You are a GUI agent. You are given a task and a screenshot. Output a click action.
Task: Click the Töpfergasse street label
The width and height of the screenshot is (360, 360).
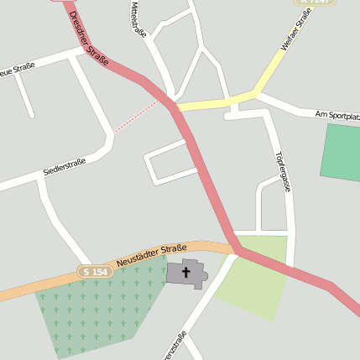click(x=282, y=172)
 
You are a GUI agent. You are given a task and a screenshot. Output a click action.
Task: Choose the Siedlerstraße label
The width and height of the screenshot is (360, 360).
click(x=65, y=167)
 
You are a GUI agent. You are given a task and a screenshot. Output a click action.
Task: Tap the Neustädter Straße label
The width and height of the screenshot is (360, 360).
click(x=152, y=255)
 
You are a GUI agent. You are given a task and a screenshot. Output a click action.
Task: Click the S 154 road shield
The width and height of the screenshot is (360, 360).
click(x=95, y=271)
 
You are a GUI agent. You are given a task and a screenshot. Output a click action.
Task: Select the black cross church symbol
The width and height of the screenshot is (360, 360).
click(x=185, y=273)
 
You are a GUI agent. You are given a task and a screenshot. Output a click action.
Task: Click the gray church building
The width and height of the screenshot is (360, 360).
click(x=196, y=274)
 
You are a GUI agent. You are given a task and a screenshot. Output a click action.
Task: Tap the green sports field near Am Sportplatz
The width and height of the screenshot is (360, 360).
click(x=342, y=151)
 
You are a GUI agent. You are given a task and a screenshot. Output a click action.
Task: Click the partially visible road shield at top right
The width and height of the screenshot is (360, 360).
click(x=316, y=3)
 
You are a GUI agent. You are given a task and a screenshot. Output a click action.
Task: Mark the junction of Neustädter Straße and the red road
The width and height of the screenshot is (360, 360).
click(x=236, y=249)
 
